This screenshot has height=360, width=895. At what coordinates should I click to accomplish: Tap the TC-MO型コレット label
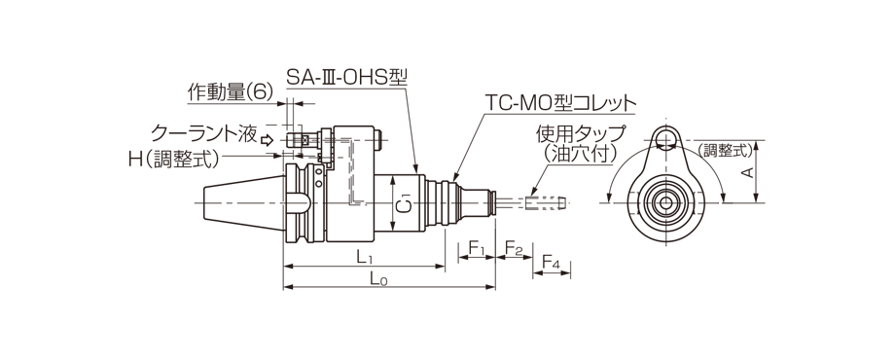coord(561,102)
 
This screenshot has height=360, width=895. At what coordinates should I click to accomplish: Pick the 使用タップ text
coord(581,133)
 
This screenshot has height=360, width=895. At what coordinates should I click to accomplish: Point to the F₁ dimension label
coord(477,251)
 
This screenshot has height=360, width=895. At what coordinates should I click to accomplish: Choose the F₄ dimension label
coord(551,266)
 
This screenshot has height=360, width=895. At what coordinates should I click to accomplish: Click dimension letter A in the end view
coord(747,172)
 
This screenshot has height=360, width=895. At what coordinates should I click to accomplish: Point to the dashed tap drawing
coord(544,203)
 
